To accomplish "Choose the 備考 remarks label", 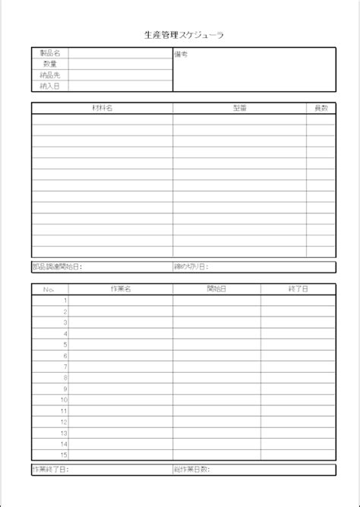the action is click(182, 55).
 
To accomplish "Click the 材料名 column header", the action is click(102, 109).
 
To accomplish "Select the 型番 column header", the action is click(239, 109).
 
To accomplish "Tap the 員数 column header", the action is click(321, 109).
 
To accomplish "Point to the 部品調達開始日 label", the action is click(56, 267).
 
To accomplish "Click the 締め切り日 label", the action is click(191, 267).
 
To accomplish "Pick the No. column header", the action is click(49, 289).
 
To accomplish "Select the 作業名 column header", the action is click(121, 289).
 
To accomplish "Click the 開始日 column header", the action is click(216, 289).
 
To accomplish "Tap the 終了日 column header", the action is click(298, 289).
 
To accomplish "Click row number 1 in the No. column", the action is click(65, 301).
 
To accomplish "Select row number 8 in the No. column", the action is click(65, 377).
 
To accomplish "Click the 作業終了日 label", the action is click(50, 470).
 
